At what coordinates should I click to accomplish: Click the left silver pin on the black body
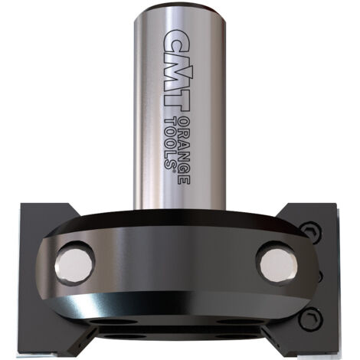[74, 265]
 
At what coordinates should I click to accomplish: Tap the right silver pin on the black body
[279, 263]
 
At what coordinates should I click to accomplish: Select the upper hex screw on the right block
[311, 232]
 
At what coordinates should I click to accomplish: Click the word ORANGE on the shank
[183, 151]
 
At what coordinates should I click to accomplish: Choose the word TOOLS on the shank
[170, 142]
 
